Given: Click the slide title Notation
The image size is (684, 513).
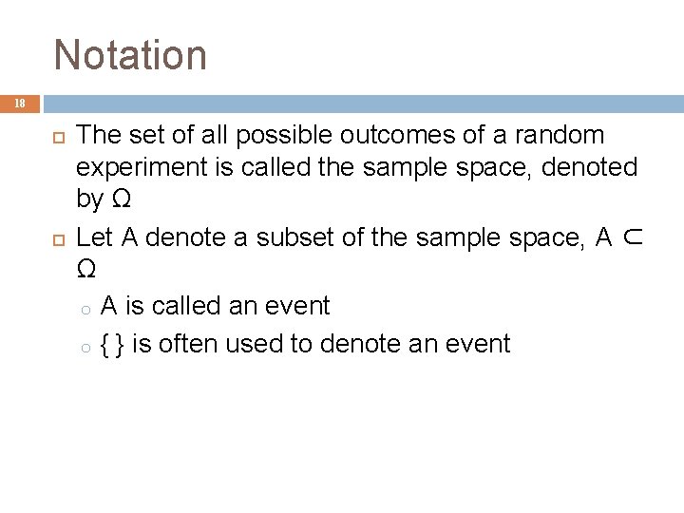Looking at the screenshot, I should coord(130,54).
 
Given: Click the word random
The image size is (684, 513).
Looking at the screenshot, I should coord(557,134).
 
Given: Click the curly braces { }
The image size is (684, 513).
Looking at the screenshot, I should coord(112,343).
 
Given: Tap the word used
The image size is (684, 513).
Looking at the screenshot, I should coord(258,343).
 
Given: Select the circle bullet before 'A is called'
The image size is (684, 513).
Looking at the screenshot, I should coord(85,308).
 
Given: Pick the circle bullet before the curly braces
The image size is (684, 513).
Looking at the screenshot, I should coord(85,345).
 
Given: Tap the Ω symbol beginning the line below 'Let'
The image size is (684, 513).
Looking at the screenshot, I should coord(85,272).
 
